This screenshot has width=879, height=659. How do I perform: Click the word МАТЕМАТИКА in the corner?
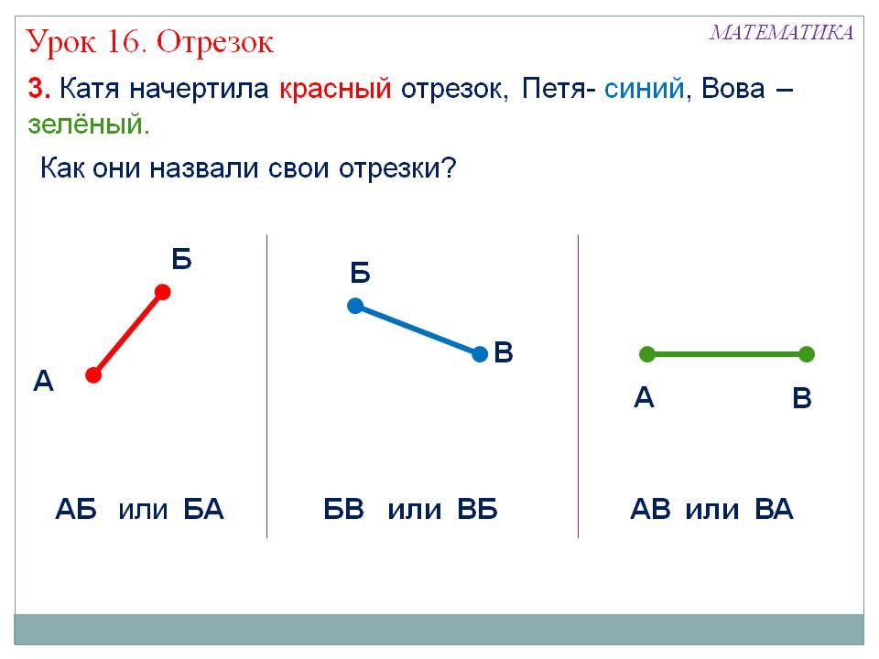coord(781,33)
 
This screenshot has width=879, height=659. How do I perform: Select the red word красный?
coord(335,89)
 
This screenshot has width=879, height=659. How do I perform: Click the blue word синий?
coord(644,88)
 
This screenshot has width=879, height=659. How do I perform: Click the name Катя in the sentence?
coord(89,89)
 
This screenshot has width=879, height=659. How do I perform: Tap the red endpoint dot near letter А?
coord(93,375)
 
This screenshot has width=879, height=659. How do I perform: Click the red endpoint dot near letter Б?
coord(163,293)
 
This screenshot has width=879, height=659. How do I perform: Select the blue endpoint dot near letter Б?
coord(355,306)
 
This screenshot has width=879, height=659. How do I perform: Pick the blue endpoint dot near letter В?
coord(480,354)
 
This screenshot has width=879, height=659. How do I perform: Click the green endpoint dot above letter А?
coord(647,354)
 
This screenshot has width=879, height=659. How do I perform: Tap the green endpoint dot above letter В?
coord(806,354)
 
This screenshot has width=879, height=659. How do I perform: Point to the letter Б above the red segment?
coord(181,259)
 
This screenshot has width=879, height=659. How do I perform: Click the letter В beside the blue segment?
coord(504,352)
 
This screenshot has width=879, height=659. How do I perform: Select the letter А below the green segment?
coord(644,397)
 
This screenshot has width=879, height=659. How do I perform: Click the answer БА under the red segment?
coord(203,510)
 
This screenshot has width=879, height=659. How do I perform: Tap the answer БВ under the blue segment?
coord(343,510)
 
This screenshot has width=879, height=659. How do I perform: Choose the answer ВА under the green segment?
coord(774,510)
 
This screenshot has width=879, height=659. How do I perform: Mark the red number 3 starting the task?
coord(39,89)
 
